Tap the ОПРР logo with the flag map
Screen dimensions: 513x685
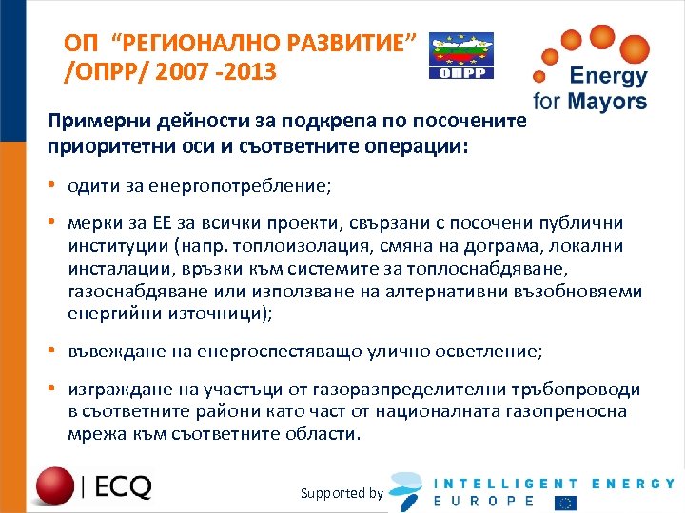pos(460,56)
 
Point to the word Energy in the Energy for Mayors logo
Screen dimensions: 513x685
pos(608,77)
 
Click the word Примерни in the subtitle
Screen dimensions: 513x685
pos(94,123)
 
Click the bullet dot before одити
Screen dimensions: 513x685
pos(54,186)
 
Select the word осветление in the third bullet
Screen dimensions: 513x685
pos(491,351)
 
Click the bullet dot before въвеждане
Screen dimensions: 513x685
pos(54,351)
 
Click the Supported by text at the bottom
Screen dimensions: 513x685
pos(342,493)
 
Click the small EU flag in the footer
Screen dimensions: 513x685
pos(567,502)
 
